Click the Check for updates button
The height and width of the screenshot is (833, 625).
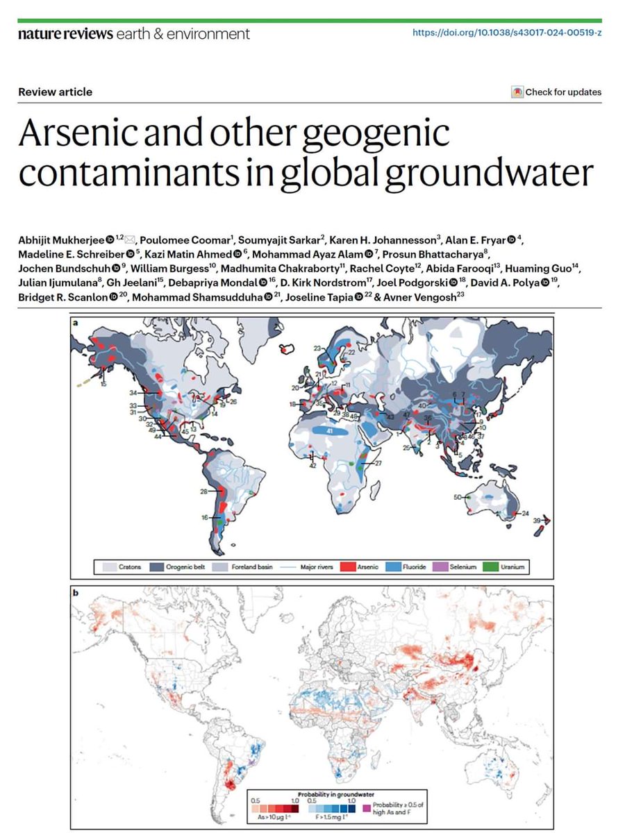(x=556, y=92)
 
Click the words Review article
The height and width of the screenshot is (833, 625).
(x=55, y=92)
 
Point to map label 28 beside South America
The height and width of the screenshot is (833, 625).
(x=204, y=491)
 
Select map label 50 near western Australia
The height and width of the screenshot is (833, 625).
(x=458, y=497)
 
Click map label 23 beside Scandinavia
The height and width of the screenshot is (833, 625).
(x=317, y=348)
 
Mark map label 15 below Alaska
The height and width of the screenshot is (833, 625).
(x=103, y=383)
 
